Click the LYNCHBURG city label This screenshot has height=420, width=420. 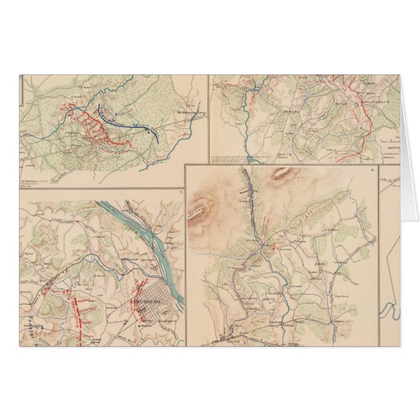tap(146, 304)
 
